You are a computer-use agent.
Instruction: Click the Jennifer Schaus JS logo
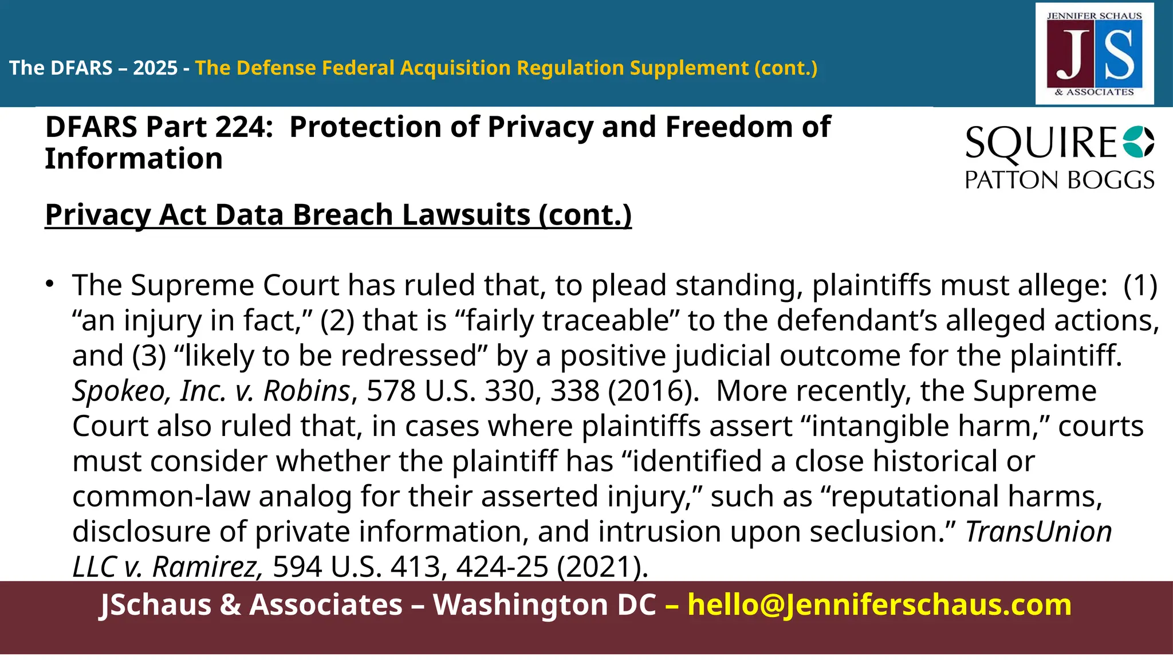pyautogui.click(x=1095, y=54)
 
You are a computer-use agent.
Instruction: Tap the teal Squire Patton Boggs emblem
pyautogui.click(x=1139, y=142)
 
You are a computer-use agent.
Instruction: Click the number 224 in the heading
pyautogui.click(x=239, y=127)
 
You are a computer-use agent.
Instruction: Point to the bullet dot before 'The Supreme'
pyautogui.click(x=50, y=284)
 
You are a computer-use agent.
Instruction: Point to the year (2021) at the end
pyautogui.click(x=603, y=567)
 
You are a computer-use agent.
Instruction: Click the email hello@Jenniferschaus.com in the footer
pyautogui.click(x=879, y=605)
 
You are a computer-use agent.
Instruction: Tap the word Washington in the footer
pyautogui.click(x=544, y=605)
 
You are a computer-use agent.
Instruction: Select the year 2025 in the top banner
pyautogui.click(x=155, y=68)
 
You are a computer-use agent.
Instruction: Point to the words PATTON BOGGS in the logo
pyautogui.click(x=1059, y=180)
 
